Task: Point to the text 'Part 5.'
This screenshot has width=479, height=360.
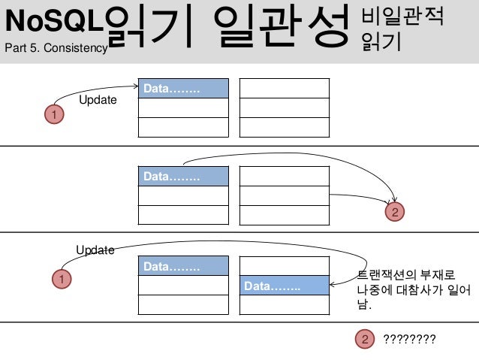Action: coord(23,49)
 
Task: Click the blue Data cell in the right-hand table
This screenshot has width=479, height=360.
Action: coord(284,286)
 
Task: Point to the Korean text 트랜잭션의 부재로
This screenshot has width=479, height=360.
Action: coord(404,274)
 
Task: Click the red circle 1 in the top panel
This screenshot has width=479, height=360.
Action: coord(53,114)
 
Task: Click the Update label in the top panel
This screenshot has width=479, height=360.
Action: coord(98,100)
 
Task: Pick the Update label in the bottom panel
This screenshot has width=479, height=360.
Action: coord(95,250)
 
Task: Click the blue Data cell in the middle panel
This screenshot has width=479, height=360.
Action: coord(183,177)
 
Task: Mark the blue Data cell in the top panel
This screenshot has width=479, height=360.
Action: coord(183,89)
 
